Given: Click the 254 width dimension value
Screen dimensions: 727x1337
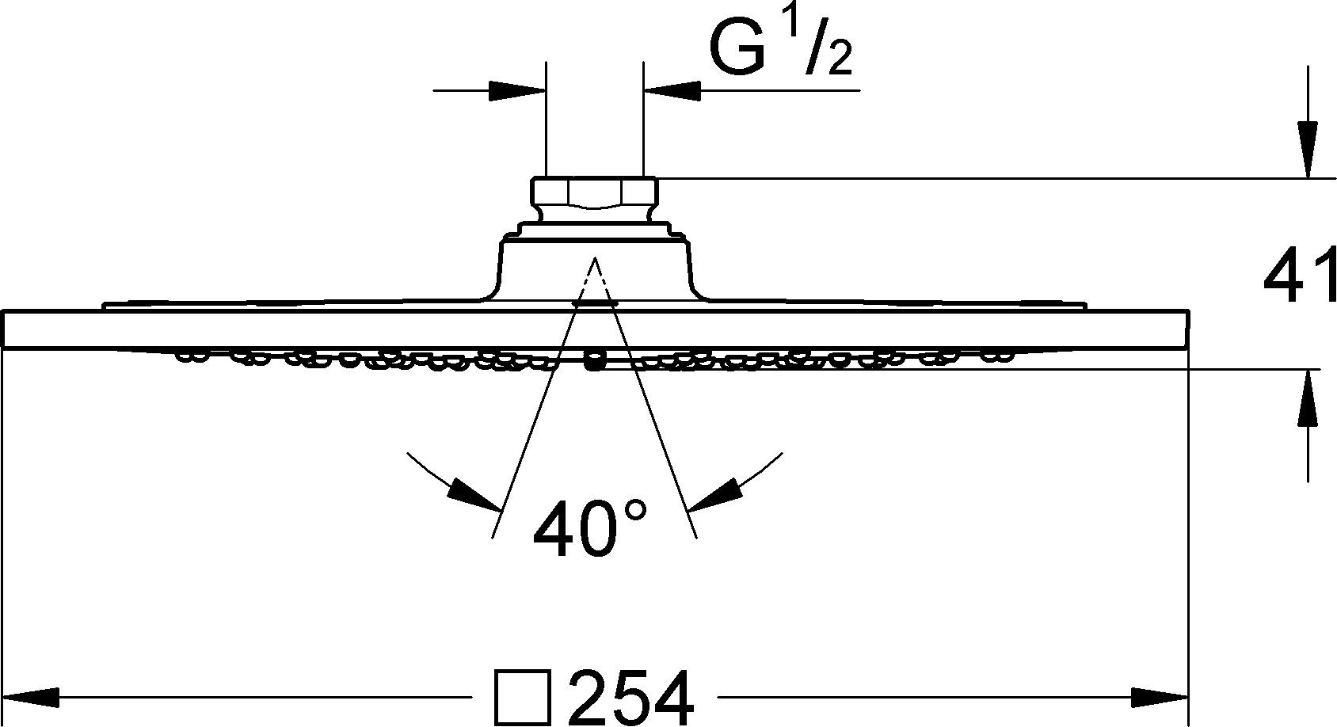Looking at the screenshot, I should (631, 698).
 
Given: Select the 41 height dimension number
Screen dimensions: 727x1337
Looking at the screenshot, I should (1299, 276).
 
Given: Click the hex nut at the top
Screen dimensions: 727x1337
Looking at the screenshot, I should (594, 192).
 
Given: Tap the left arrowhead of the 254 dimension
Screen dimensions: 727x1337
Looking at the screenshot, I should (32, 698).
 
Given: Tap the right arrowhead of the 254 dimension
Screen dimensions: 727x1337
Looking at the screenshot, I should (1160, 698).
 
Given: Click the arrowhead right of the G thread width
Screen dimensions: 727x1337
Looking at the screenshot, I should (673, 90).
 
